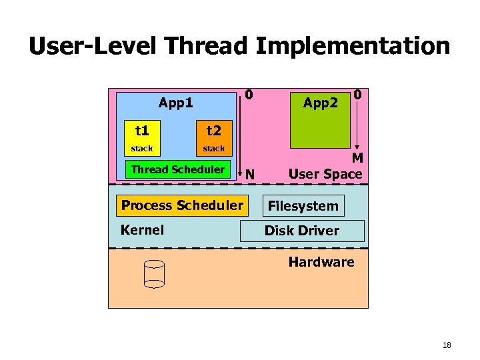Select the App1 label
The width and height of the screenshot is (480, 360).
click(176, 103)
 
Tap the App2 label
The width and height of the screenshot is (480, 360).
click(321, 103)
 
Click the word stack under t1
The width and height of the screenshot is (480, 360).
click(141, 148)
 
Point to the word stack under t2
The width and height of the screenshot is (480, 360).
click(214, 148)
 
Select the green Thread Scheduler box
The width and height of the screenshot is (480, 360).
click(178, 169)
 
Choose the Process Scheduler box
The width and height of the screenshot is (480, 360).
click(182, 205)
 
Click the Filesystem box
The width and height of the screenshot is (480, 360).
click(303, 206)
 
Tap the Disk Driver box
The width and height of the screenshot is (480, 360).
click(302, 231)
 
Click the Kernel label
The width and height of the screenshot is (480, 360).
click(142, 230)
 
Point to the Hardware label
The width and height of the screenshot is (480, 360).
click(321, 262)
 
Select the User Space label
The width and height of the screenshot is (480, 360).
click(325, 174)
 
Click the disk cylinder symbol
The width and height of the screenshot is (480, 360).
click(154, 274)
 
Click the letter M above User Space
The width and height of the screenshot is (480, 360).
click(357, 158)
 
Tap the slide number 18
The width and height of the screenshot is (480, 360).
click(447, 345)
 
